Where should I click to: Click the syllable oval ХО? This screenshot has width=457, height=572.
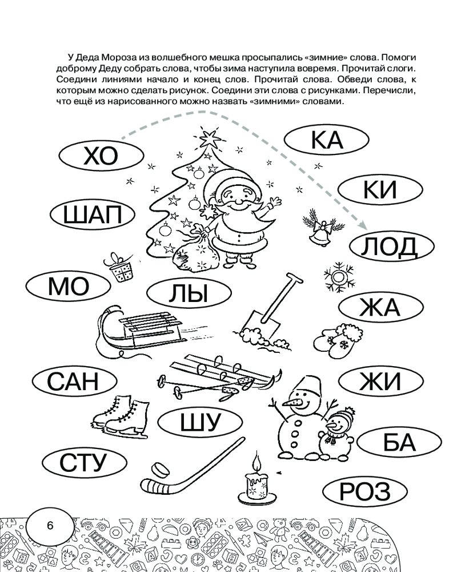coord(99,156)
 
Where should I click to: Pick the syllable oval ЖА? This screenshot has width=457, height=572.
coord(379,308)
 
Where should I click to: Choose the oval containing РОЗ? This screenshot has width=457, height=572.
coord(364,492)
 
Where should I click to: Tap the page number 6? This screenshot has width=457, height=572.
coord(50,526)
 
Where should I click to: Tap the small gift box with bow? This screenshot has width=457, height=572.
coord(119,269)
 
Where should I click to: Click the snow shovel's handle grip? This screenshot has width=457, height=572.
coord(291,279)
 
